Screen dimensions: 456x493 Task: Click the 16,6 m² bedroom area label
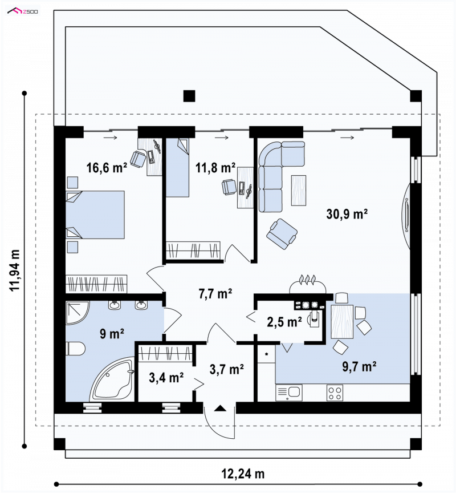(x=107, y=168)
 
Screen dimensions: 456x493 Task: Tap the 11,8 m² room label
(x=215, y=168)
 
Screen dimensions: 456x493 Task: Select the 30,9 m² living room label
(x=347, y=214)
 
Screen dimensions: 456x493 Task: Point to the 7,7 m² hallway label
(x=215, y=294)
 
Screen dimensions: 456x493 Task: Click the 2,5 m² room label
(x=284, y=322)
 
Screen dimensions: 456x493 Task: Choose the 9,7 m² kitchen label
(x=359, y=366)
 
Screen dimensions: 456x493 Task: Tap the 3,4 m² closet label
(x=166, y=377)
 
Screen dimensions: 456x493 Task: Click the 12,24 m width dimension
(x=243, y=474)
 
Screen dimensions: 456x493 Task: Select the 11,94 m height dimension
(x=15, y=270)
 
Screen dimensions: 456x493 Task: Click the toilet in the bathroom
(x=76, y=349)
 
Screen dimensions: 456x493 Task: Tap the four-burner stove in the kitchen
(x=335, y=393)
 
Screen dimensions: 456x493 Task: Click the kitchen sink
(x=288, y=393)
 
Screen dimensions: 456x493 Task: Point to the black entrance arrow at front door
(x=220, y=409)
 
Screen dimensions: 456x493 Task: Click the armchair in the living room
(x=282, y=235)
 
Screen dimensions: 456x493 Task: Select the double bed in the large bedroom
(x=95, y=215)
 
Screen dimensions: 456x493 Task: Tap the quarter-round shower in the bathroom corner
(x=78, y=313)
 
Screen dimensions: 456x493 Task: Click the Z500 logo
(x=23, y=11)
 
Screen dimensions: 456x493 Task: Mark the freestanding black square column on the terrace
(x=189, y=96)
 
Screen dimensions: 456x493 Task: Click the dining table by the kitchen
(x=342, y=321)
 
